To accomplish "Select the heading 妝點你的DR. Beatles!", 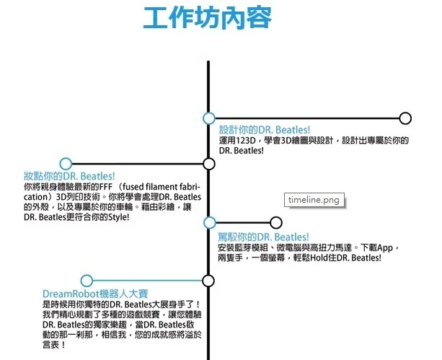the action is pyautogui.click(x=69, y=176).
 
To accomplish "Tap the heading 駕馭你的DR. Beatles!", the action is pyautogui.click(x=263, y=237).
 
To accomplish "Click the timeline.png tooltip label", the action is pyautogui.click(x=313, y=199).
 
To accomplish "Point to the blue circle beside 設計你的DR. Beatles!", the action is pyautogui.click(x=209, y=118).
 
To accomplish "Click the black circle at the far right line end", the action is pyautogui.click(x=405, y=118).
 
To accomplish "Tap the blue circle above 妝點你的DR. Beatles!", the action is pyautogui.click(x=66, y=164).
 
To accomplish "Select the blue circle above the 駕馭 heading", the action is pyautogui.click(x=209, y=222).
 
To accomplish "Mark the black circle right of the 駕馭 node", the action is pyautogui.click(x=275, y=222).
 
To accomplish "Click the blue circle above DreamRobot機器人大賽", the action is pyautogui.click(x=87, y=281).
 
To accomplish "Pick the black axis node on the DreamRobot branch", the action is pyautogui.click(x=209, y=281).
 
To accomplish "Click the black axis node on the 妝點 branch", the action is pyautogui.click(x=209, y=164).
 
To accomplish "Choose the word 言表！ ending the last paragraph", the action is pyautogui.click(x=54, y=346).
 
